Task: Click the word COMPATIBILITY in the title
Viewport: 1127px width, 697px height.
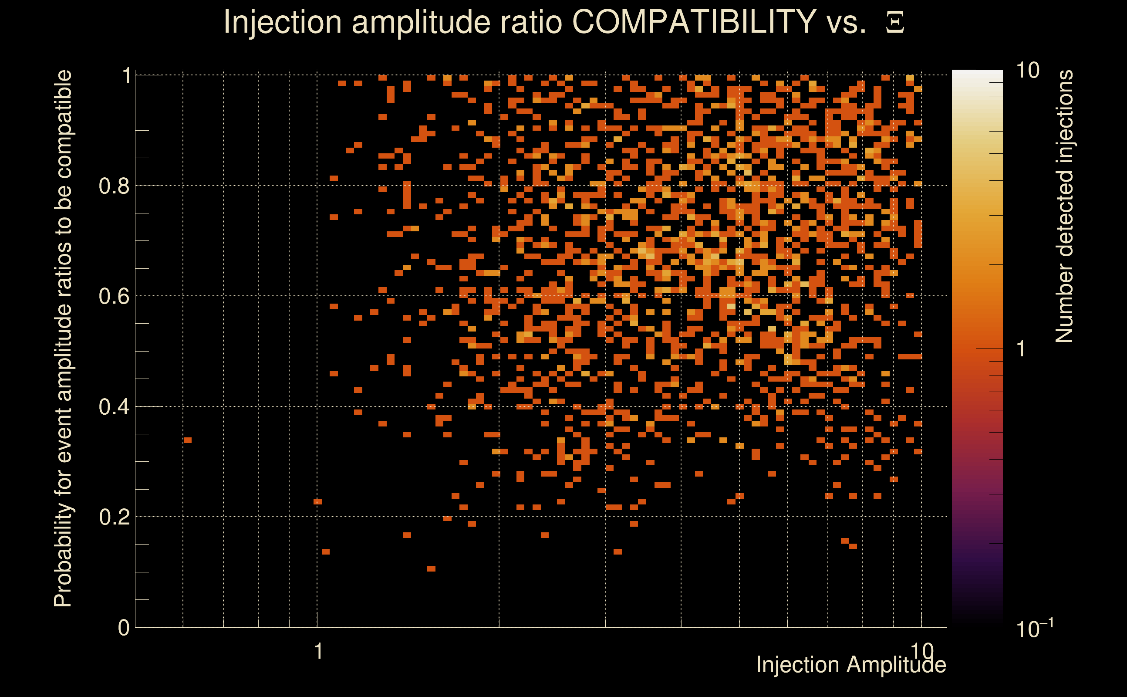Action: click(x=694, y=22)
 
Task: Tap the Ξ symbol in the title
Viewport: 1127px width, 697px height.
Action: click(x=895, y=23)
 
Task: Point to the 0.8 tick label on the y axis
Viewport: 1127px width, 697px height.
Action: click(x=114, y=186)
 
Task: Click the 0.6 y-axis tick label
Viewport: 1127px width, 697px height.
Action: click(x=114, y=296)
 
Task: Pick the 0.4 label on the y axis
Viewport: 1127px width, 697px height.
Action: click(x=114, y=407)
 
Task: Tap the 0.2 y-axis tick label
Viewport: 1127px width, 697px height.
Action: click(x=114, y=517)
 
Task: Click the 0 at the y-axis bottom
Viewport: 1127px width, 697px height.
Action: click(x=124, y=628)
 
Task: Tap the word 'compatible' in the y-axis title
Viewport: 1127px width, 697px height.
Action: click(x=63, y=125)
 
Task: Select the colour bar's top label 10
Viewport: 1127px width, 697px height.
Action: click(x=1027, y=71)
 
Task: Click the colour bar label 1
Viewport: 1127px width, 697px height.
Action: click(x=1021, y=349)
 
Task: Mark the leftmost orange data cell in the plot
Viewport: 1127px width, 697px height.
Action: click(x=188, y=440)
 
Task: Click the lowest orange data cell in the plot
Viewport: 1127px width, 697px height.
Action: click(x=431, y=568)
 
